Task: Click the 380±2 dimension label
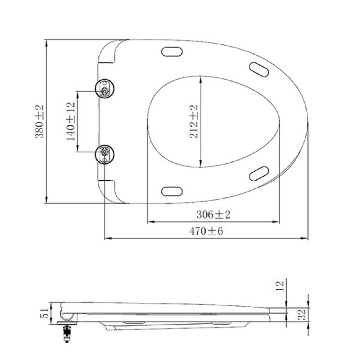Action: tap(39, 121)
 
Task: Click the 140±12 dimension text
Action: tap(71, 121)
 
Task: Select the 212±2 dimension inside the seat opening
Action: tap(194, 122)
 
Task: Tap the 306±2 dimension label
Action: tap(213, 215)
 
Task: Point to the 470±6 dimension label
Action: tap(206, 231)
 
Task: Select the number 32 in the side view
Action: tap(303, 315)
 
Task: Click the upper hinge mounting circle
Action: tap(104, 88)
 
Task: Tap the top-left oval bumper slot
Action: tap(172, 52)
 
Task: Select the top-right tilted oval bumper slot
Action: tap(259, 69)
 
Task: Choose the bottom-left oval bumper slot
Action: tap(172, 191)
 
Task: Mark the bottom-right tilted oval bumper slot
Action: tap(259, 174)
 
